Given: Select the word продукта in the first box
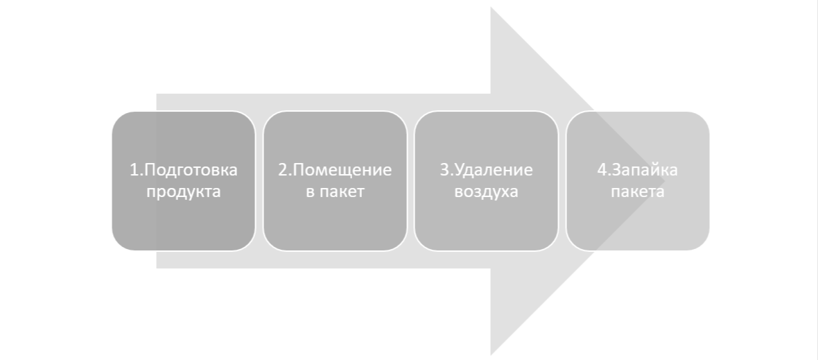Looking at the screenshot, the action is (184, 191).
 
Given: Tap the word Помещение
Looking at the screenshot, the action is (340, 170).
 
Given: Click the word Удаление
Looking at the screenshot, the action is (492, 170).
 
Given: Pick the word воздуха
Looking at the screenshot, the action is (486, 191).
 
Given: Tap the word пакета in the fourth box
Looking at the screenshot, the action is (638, 191).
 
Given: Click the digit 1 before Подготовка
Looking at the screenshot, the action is (134, 170).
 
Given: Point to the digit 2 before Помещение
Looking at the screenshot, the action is (282, 170).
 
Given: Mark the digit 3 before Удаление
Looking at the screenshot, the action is (444, 170).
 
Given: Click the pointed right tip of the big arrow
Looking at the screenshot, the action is (663, 181).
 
